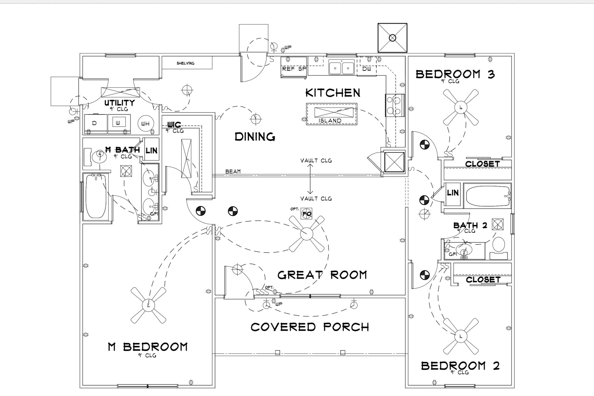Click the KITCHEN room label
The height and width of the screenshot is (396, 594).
(x=333, y=93)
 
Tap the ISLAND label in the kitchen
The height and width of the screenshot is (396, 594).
(x=330, y=121)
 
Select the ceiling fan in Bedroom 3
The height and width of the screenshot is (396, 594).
(x=460, y=107)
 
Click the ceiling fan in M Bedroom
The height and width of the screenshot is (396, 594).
(x=148, y=305)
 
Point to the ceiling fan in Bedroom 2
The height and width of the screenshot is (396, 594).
(x=460, y=336)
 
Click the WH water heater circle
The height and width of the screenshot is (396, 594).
(x=146, y=124)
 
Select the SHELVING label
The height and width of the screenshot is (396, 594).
(x=185, y=63)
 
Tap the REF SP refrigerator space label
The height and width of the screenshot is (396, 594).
(x=294, y=69)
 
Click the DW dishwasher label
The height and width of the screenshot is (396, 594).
(x=367, y=69)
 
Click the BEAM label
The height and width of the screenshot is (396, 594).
(x=233, y=172)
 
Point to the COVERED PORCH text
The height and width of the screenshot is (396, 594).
(x=310, y=327)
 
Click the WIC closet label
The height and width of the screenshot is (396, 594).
(x=174, y=125)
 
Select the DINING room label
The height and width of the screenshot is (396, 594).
(x=255, y=137)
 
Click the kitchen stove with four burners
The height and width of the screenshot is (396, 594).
(x=395, y=105)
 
